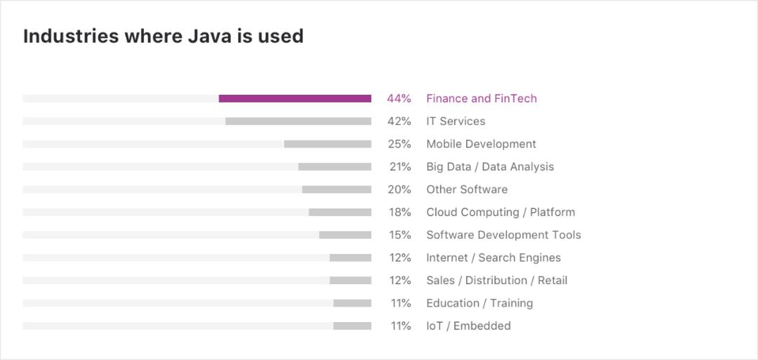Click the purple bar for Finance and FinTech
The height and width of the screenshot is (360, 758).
[295, 99]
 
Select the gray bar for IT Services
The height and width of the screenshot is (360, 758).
[298, 121]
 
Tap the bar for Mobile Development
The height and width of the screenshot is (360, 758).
[328, 144]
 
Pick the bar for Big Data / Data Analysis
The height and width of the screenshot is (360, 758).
[335, 167]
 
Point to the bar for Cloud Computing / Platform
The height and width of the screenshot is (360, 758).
[340, 212]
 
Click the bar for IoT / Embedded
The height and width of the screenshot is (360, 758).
[352, 326]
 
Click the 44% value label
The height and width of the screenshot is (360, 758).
[399, 99]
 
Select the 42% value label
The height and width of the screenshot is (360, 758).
[399, 121]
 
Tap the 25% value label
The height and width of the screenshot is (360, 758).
[399, 144]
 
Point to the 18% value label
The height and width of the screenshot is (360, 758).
[400, 212]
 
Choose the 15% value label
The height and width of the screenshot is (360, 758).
[400, 235]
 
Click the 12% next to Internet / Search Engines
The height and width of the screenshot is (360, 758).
[400, 258]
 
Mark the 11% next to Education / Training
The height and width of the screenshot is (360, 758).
[400, 303]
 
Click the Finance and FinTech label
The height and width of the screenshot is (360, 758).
[481, 99]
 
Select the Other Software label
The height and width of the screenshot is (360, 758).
[467, 189]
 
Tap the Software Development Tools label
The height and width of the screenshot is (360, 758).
[503, 235]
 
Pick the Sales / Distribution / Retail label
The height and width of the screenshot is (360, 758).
[496, 280]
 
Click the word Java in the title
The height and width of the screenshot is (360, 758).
[209, 36]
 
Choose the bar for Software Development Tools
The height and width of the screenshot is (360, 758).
[345, 235]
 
